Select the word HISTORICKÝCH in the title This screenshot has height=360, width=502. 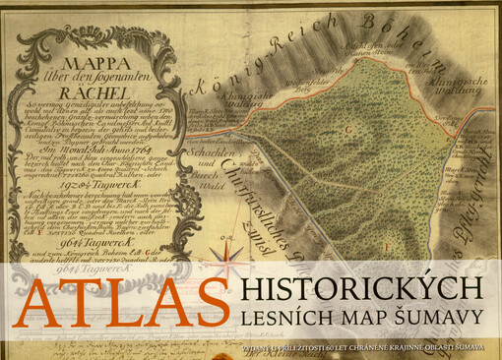point(361,288)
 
